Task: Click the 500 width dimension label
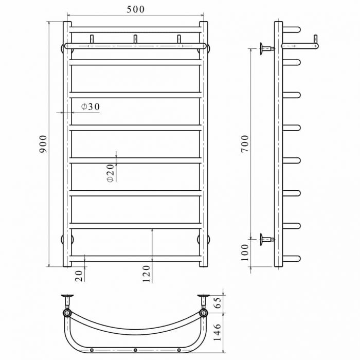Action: click(x=135, y=9)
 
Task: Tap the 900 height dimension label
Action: click(x=43, y=144)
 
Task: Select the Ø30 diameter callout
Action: click(x=91, y=106)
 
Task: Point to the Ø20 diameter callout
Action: click(x=110, y=173)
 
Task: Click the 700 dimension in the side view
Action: click(x=245, y=144)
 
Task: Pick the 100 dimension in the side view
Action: click(x=245, y=253)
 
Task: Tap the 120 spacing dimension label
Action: click(x=146, y=274)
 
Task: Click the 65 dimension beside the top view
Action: click(x=217, y=302)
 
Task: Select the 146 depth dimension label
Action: click(x=217, y=332)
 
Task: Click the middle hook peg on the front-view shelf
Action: click(x=135, y=39)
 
